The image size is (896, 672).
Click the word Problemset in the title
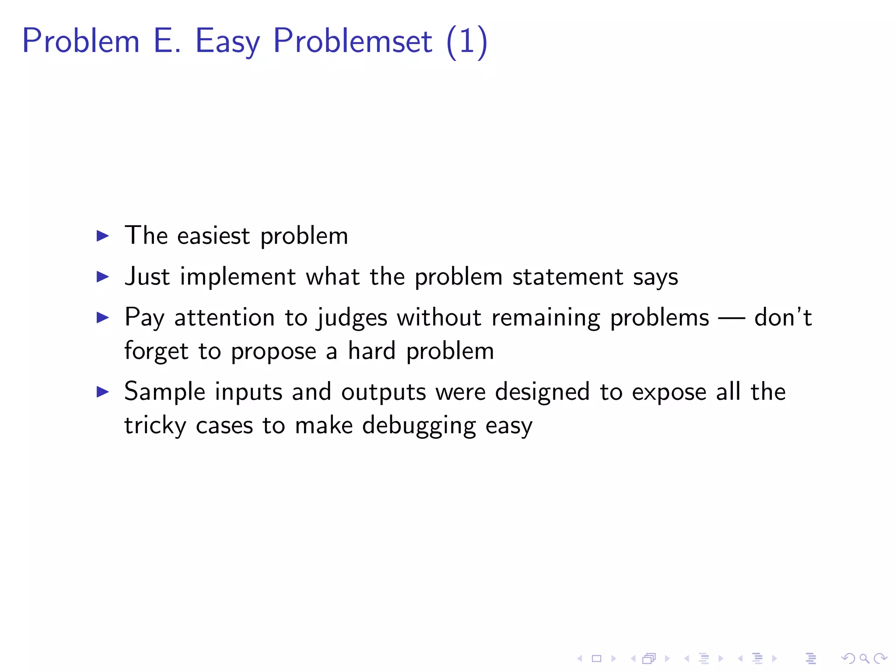point(353,41)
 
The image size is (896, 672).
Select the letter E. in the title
point(167,41)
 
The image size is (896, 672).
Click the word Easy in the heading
point(227,42)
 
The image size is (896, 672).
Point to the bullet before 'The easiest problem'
point(102,236)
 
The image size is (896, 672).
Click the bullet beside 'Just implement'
point(102,276)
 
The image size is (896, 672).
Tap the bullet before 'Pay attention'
point(102,317)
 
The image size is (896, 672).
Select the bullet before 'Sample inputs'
point(102,392)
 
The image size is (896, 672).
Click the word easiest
point(213,236)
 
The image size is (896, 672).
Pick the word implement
point(238,277)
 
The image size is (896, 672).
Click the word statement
point(567,277)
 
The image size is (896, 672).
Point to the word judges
point(352,318)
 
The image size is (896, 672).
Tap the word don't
point(783,317)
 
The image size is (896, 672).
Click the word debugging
point(419,426)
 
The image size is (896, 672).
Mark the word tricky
point(155,426)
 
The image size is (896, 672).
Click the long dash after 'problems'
point(731,318)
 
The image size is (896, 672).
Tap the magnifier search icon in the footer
point(864,658)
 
